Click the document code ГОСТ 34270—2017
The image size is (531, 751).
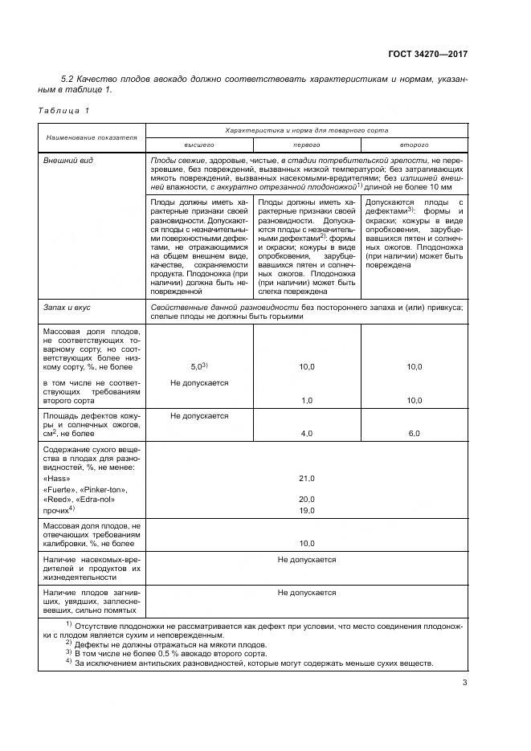pos(427,54)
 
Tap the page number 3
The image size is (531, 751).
pos(465,683)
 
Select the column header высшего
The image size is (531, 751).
pos(200,145)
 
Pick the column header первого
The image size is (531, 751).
pos(306,145)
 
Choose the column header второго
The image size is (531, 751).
pos(415,145)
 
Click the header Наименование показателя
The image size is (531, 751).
pos(91,137)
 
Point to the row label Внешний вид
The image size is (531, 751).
pos(68,161)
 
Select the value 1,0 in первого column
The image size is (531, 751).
pos(306,400)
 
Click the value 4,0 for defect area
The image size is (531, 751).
pos(306,434)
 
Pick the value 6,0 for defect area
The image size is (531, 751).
pos(415,434)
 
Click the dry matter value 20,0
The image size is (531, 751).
pos(306,499)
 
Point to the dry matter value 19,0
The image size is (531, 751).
pos(306,509)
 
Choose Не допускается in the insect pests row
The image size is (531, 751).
pos(306,559)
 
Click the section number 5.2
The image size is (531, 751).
pos(68,80)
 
